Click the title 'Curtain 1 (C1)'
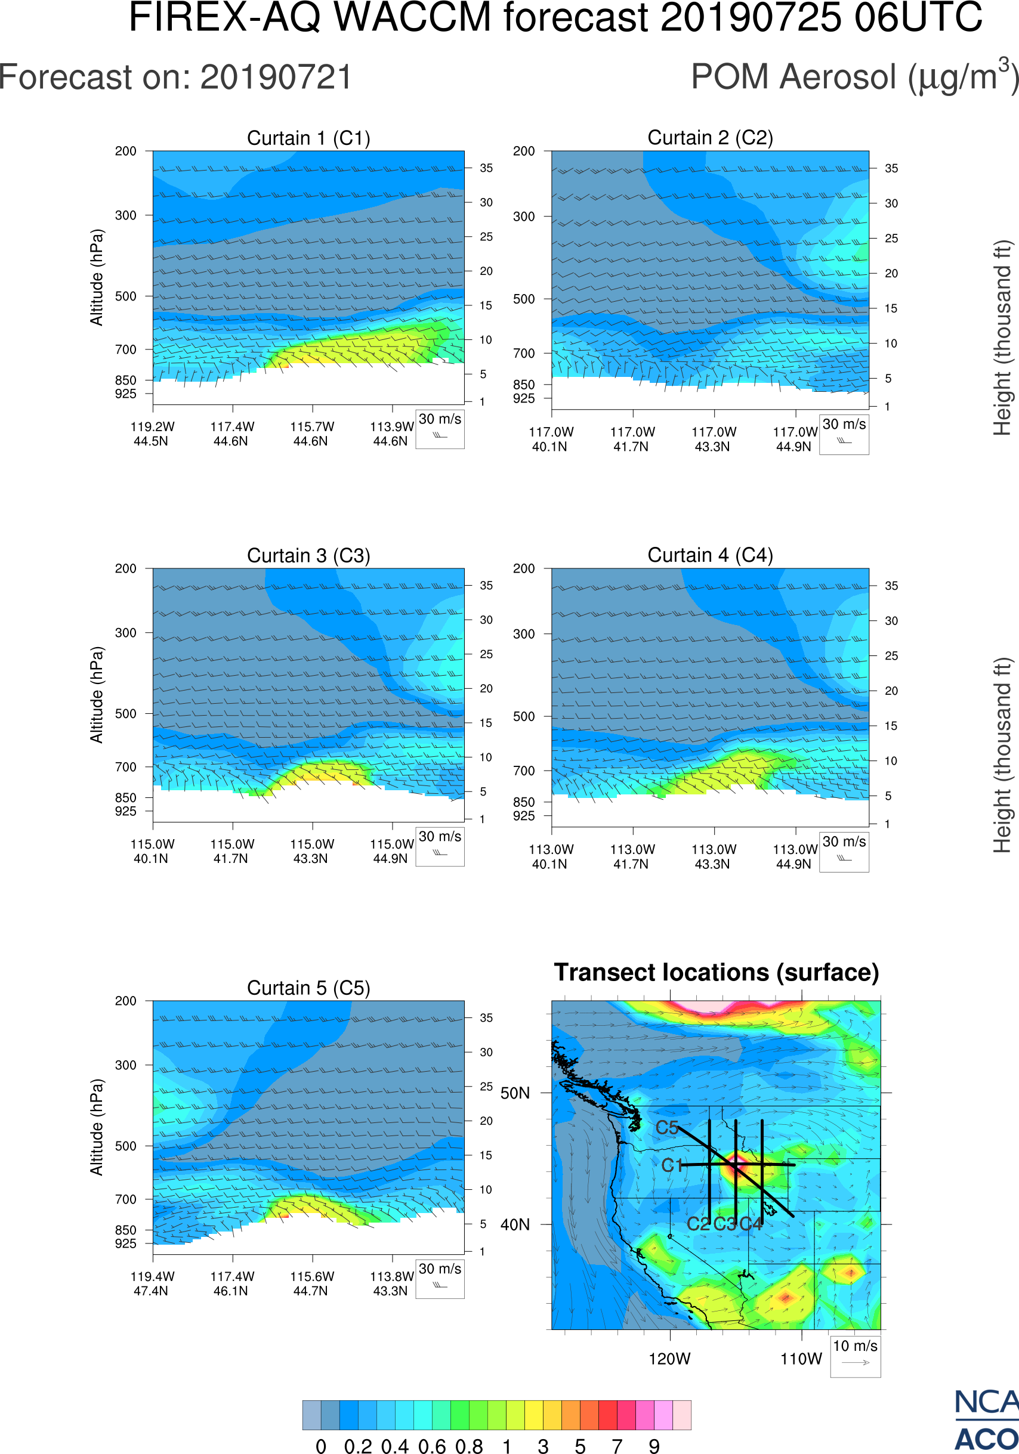[308, 138]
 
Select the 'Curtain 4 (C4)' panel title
[710, 555]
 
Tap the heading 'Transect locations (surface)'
[717, 972]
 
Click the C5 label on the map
[667, 1128]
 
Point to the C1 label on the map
[672, 1165]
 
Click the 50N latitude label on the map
[515, 1094]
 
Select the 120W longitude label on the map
[669, 1359]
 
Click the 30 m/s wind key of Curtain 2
[844, 434]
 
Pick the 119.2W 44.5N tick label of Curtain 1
[152, 434]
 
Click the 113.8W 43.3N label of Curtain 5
[391, 1283]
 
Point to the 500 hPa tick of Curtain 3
[125, 714]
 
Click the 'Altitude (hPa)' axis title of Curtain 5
[96, 1127]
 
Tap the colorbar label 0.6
[432, 1446]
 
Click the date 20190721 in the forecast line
[276, 78]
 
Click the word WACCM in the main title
[412, 17]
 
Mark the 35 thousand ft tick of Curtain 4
[891, 586]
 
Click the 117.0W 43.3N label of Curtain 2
[713, 439]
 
